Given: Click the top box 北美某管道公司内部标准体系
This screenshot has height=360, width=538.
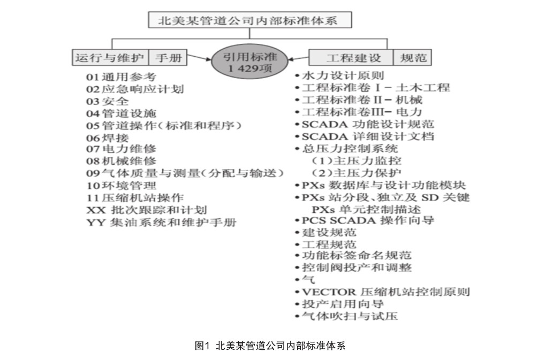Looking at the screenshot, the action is (250, 20).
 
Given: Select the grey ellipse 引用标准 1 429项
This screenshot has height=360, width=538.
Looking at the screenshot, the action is (250, 62).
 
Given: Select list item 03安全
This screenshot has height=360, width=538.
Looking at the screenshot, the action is (108, 101).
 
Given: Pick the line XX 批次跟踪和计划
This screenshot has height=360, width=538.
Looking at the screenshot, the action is (146, 210).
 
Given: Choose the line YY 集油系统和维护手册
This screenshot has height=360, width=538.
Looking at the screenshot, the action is (161, 222).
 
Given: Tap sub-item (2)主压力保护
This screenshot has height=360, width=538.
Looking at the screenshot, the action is (357, 172).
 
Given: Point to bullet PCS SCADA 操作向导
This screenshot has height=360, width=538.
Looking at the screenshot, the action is (367, 220).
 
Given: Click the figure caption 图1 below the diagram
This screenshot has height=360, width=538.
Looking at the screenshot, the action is (269, 346).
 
